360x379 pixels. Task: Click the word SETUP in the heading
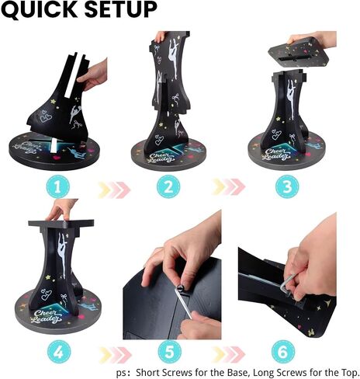click(x=121, y=9)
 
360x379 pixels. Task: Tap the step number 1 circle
click(x=58, y=187)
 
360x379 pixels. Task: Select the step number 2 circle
click(x=168, y=187)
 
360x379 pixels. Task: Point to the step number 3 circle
click(x=287, y=187)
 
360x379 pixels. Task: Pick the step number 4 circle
click(x=59, y=352)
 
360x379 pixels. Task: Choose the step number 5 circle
click(x=170, y=352)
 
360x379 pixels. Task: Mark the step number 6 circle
click(x=283, y=352)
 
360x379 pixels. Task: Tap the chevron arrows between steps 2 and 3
click(x=228, y=187)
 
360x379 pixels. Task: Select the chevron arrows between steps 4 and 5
click(x=116, y=355)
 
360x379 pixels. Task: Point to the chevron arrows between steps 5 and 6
click(x=228, y=354)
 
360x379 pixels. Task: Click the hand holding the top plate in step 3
click(x=313, y=39)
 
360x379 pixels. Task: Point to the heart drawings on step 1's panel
click(x=46, y=117)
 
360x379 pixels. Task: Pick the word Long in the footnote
click(x=264, y=373)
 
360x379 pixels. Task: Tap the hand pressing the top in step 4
click(x=61, y=209)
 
